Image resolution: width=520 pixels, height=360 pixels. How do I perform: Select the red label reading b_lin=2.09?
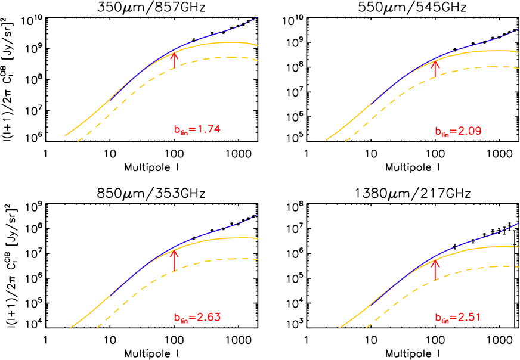(457, 132)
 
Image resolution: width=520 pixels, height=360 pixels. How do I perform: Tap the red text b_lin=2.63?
(197, 318)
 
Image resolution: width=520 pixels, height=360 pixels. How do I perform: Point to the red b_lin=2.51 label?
(457, 318)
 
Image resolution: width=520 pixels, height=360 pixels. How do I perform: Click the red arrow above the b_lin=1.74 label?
(174, 61)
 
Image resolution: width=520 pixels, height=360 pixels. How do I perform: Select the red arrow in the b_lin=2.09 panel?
(435, 68)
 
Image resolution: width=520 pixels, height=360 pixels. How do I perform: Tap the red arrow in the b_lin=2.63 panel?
(174, 260)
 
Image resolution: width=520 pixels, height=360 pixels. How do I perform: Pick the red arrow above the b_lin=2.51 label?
(435, 269)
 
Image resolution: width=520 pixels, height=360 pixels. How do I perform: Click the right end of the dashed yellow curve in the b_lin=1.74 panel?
(258, 60)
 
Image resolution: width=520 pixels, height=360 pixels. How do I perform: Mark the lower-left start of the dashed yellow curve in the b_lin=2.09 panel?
(345, 142)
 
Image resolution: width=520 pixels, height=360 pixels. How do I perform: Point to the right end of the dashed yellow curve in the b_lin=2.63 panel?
(258, 259)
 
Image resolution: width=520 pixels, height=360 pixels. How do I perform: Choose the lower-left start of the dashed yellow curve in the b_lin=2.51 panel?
(366, 327)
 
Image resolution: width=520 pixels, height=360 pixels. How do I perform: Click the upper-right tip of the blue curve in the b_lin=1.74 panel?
(257, 17)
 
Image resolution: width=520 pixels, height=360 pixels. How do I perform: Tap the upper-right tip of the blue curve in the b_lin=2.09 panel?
(519, 28)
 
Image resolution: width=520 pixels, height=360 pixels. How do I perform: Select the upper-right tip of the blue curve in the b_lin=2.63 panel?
(257, 214)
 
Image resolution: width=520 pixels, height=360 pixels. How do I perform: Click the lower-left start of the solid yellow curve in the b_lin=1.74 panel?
(65, 136)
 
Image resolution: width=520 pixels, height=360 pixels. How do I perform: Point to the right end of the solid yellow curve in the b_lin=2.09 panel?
(519, 52)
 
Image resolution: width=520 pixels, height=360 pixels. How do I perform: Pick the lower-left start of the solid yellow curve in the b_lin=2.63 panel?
(70, 327)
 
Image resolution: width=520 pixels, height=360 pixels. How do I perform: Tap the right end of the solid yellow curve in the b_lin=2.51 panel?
(519, 247)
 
